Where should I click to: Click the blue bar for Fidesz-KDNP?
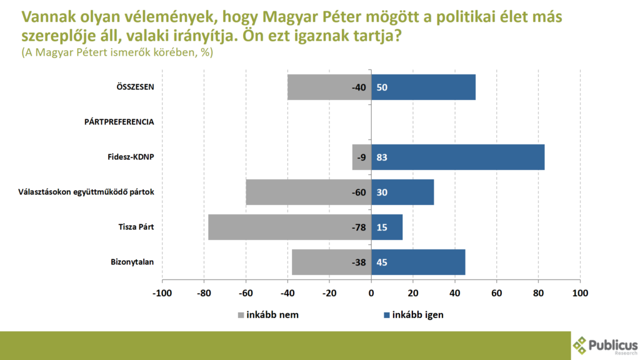[x=457, y=157]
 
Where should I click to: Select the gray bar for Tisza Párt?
[x=289, y=227]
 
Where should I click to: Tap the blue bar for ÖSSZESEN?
[x=423, y=87]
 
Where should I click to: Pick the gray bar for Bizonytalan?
[x=331, y=262]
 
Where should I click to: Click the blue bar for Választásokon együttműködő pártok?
[x=402, y=192]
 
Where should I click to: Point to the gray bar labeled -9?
[x=362, y=157]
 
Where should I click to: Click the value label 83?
[x=382, y=157]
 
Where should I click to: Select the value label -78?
[x=358, y=227]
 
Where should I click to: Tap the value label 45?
[x=382, y=262]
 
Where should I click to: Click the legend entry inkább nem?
[x=268, y=314]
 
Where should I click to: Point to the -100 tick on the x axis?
[x=162, y=292]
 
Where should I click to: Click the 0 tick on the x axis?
[x=371, y=292]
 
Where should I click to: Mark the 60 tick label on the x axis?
[x=497, y=292]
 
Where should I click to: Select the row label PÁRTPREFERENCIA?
[x=119, y=122]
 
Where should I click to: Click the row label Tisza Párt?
[x=136, y=227]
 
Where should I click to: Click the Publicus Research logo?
[x=605, y=346]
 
